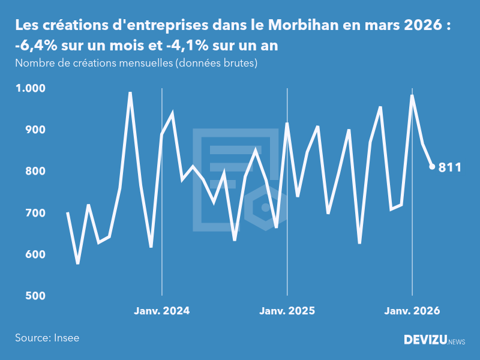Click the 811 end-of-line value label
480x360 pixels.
click(x=450, y=167)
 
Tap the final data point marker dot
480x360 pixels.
click(x=432, y=167)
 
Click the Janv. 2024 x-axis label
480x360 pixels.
click(x=161, y=311)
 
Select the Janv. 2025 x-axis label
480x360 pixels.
click(x=287, y=311)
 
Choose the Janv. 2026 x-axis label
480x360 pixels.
click(x=412, y=311)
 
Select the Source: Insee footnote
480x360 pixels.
click(x=47, y=338)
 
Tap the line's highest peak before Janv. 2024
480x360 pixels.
click(x=130, y=93)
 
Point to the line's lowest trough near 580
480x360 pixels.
click(x=78, y=263)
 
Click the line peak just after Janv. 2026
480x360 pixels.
click(x=412, y=95)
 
